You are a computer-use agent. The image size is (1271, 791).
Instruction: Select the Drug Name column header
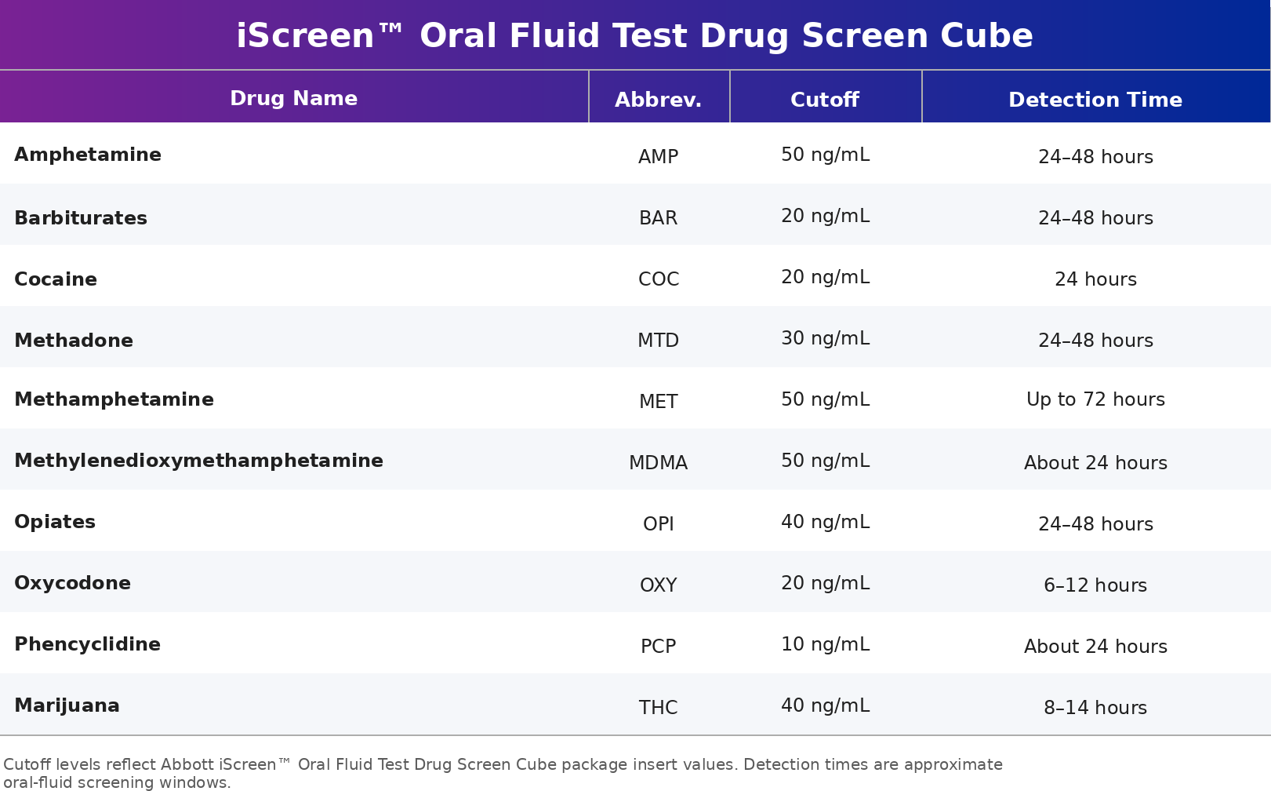(293, 98)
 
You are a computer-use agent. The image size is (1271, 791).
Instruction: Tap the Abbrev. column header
(658, 100)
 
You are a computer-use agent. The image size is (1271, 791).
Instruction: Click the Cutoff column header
(824, 100)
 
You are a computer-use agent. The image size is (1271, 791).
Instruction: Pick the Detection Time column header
(1095, 100)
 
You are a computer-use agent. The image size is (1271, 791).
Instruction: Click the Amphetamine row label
(88, 155)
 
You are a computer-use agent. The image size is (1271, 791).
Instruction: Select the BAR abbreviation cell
(658, 218)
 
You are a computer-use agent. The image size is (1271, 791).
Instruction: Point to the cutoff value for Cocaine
(825, 278)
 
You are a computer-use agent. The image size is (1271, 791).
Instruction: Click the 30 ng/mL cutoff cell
(825, 339)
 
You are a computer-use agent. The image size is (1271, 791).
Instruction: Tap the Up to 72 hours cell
(1095, 400)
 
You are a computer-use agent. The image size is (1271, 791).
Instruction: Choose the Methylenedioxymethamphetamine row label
(198, 461)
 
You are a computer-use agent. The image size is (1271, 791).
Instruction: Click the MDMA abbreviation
(658, 463)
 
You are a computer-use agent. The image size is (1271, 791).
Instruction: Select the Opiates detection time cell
(1095, 524)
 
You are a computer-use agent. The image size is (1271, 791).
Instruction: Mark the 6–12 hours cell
(1095, 585)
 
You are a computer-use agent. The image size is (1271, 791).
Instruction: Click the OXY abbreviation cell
(658, 585)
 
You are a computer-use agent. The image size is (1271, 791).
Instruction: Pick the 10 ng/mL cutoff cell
(825, 645)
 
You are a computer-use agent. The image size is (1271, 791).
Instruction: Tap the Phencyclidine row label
(87, 644)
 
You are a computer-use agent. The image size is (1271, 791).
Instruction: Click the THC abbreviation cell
(658, 708)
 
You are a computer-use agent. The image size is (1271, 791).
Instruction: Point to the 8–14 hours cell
(1095, 708)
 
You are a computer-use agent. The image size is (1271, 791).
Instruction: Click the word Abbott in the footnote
(187, 764)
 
